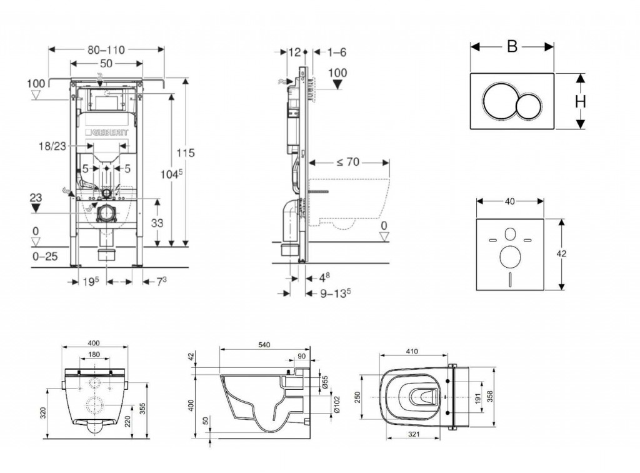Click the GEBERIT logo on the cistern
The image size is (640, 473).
(111, 133)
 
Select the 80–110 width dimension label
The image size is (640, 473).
(106, 48)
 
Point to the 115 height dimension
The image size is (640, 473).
(186, 152)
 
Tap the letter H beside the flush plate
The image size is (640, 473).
(581, 101)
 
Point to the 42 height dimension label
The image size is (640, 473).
(562, 254)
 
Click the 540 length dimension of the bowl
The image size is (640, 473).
(264, 344)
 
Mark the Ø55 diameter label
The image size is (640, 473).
(325, 382)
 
